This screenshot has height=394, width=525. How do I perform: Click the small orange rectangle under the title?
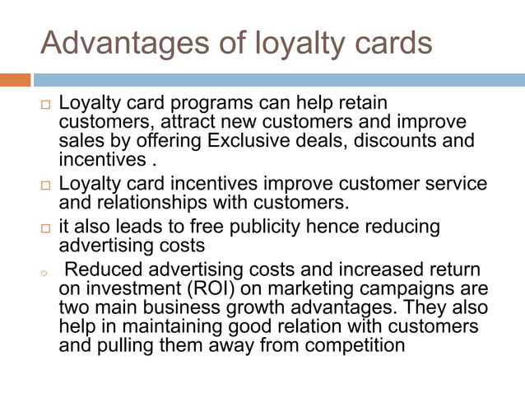pos(15,80)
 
